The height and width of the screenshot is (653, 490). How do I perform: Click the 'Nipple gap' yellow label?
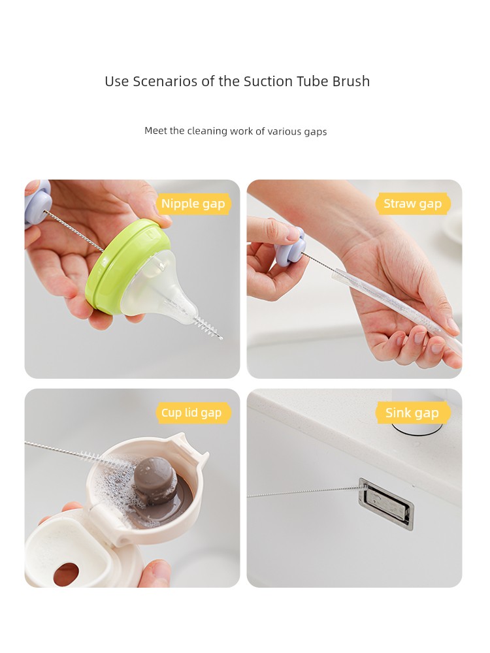pyautogui.click(x=193, y=204)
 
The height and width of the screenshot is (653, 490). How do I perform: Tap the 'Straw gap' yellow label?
pyautogui.click(x=412, y=204)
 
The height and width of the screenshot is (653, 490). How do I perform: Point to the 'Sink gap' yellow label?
pyautogui.click(x=412, y=413)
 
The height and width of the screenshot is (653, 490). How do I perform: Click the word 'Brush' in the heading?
pyautogui.click(x=351, y=81)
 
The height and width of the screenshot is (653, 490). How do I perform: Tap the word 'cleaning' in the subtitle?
pyautogui.click(x=206, y=131)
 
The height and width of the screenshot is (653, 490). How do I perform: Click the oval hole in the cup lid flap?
pyautogui.click(x=66, y=574)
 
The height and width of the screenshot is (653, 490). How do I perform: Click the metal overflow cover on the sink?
pyautogui.click(x=386, y=504)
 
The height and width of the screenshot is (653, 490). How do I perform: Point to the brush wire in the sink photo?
pyautogui.click(x=304, y=492)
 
